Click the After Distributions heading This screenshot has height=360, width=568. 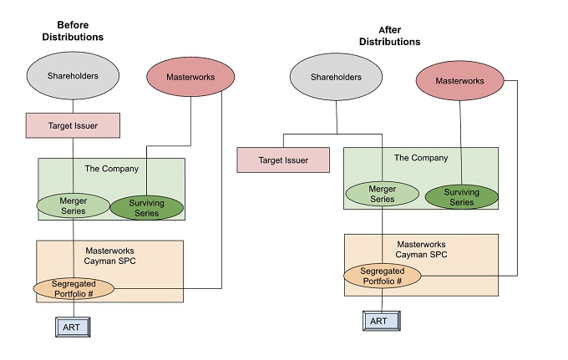tap(390, 35)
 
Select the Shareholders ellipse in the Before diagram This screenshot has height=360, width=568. tap(73, 76)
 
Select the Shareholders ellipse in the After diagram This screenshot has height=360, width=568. tap(337, 78)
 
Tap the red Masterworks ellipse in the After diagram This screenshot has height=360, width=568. tap(461, 81)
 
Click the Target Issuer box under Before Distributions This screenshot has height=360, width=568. tap(73, 125)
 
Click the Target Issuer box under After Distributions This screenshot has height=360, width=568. tap(283, 160)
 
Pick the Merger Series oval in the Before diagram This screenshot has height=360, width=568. tap(74, 205)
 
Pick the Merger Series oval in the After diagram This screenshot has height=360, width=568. tap(383, 195)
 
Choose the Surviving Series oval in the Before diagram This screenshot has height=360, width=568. tap(146, 208)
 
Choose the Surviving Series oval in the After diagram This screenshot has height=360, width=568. tap(461, 197)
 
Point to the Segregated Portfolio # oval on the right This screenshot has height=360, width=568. tap(382, 276)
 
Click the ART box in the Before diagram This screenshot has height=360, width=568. tap(73, 327)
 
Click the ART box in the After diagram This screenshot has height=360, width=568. tap(379, 321)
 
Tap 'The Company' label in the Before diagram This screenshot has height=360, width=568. tap(111, 169)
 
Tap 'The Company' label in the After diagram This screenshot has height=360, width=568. tap(420, 158)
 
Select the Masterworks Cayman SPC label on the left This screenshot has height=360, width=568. tap(111, 256)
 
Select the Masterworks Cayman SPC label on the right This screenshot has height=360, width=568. tap(421, 248)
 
